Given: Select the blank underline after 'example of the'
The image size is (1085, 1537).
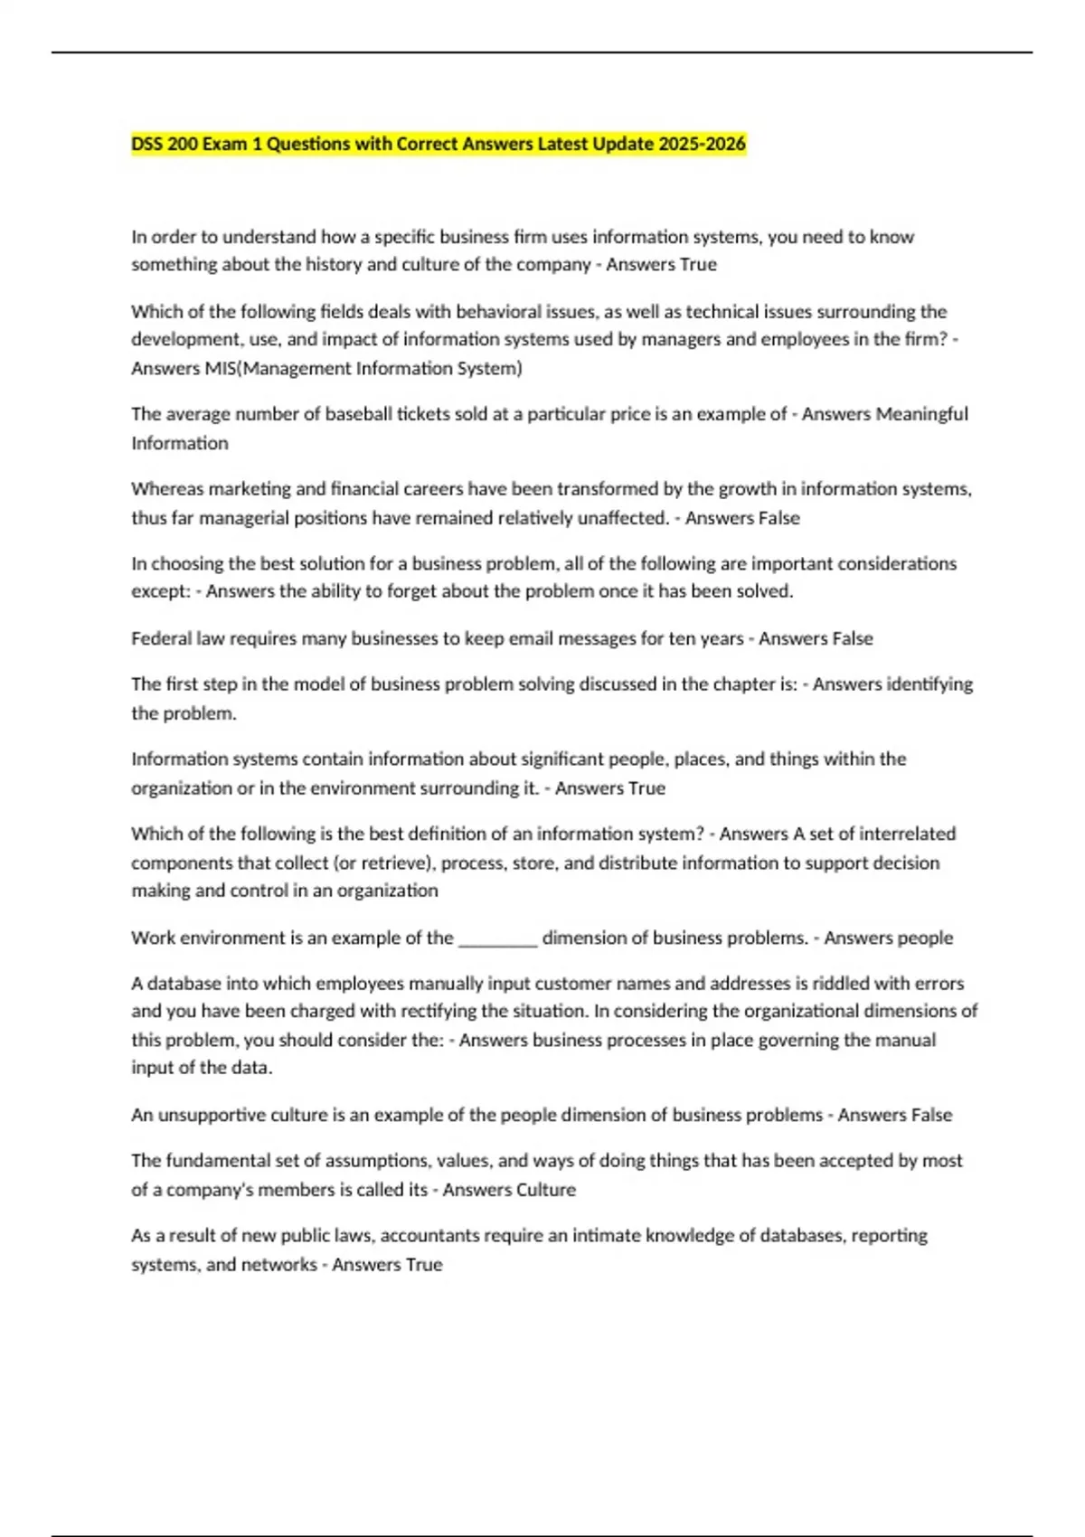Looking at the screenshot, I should pyautogui.click(x=498, y=938).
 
